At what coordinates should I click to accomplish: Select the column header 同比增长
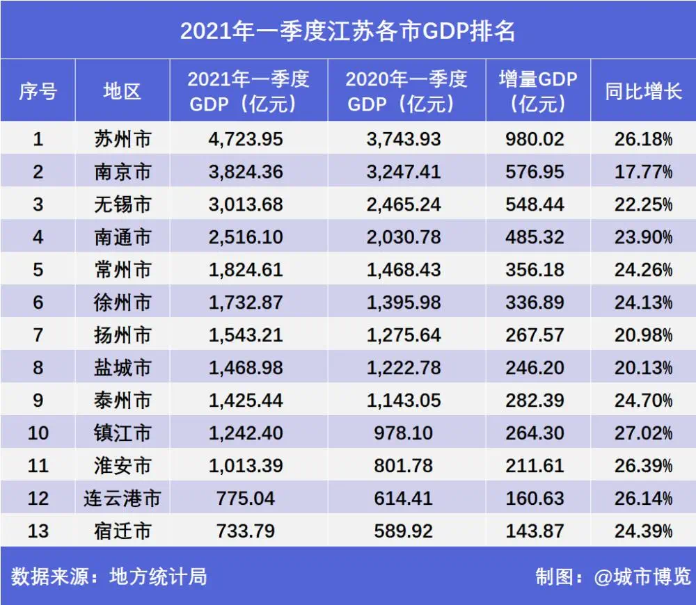click(x=643, y=91)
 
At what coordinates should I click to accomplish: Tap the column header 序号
click(x=38, y=91)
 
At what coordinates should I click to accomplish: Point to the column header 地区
click(x=122, y=91)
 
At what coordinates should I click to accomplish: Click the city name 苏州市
click(x=122, y=139)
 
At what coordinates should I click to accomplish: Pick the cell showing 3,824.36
click(x=246, y=172)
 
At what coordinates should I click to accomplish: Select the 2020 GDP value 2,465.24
click(x=404, y=204)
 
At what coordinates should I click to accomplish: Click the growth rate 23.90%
click(x=643, y=237)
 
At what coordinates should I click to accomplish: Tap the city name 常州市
click(x=122, y=270)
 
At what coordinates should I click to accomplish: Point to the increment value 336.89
click(x=536, y=302)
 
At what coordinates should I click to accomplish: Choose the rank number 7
click(x=38, y=335)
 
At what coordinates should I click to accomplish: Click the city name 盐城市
click(x=122, y=368)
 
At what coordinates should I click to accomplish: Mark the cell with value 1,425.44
click(x=246, y=401)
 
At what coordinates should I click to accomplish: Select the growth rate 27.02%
click(x=643, y=433)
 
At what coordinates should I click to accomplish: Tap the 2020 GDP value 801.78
click(x=404, y=466)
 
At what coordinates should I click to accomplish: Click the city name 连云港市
click(x=122, y=499)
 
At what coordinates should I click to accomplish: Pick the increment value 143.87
click(x=536, y=531)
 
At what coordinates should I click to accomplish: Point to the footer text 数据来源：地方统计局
click(x=109, y=576)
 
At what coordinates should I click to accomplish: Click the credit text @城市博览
click(x=642, y=576)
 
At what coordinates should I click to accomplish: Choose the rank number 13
click(x=38, y=531)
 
